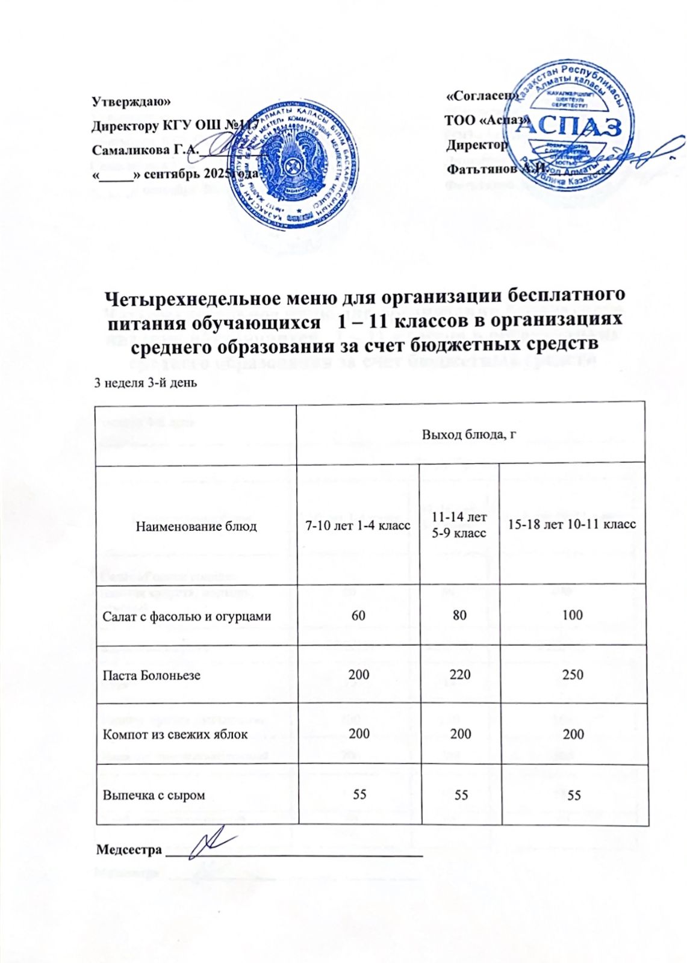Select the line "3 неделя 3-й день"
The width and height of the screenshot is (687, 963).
click(145, 383)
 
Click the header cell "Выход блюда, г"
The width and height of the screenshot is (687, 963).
click(471, 434)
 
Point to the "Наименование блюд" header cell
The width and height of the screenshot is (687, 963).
click(196, 526)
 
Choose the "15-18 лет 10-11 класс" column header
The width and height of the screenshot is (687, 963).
click(572, 524)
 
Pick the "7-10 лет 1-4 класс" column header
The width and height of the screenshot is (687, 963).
click(359, 525)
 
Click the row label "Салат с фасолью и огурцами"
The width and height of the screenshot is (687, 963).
click(187, 616)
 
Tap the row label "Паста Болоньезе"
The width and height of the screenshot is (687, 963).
click(152, 675)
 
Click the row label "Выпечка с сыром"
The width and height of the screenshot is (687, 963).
click(154, 795)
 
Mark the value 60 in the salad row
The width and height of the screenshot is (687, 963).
click(359, 615)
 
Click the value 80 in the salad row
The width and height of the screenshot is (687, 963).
click(461, 615)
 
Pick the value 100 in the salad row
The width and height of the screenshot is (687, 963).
click(572, 615)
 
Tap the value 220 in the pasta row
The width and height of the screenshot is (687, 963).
click(461, 674)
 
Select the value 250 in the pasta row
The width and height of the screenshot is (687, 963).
click(572, 674)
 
